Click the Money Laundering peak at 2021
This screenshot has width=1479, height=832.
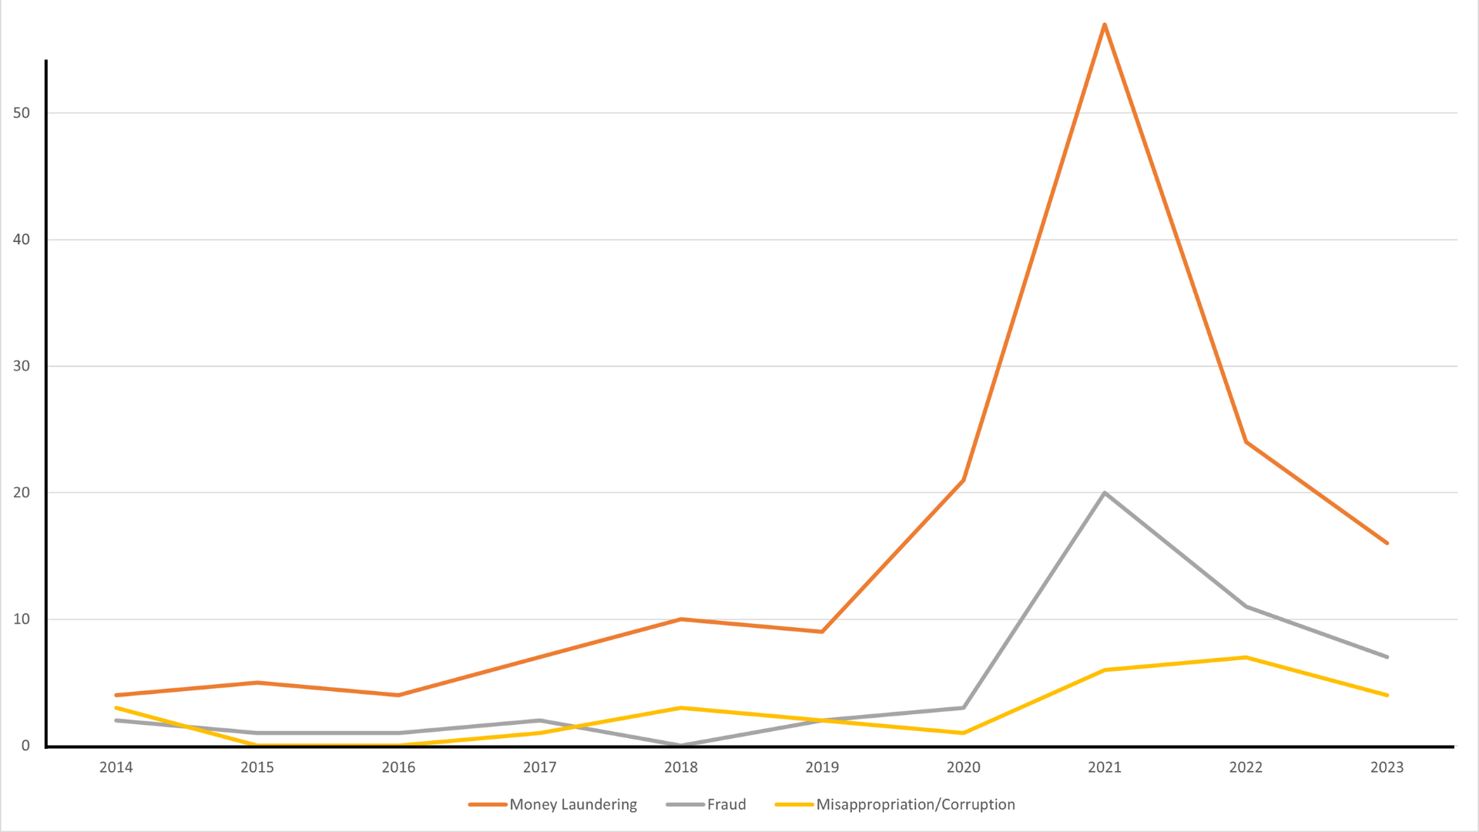(1105, 25)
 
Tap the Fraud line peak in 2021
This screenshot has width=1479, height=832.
(1105, 493)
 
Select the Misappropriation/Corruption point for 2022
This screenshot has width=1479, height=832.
(1246, 657)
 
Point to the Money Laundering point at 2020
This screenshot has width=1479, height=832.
(964, 480)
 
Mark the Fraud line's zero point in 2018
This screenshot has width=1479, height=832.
(681, 745)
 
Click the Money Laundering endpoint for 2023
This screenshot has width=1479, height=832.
(1387, 543)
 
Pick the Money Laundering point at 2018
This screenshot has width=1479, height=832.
(681, 619)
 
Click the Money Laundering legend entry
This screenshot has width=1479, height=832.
(573, 804)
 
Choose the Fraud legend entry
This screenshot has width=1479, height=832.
(726, 804)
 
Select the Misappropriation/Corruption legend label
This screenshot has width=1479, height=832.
(915, 804)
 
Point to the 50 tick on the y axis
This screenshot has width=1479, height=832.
(22, 113)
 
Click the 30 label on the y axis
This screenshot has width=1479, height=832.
(22, 366)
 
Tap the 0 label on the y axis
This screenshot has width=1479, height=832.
(25, 746)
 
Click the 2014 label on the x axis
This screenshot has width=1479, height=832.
(116, 767)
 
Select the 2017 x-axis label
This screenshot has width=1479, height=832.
(540, 767)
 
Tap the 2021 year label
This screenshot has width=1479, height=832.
(1105, 767)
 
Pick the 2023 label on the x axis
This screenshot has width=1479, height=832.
(1387, 767)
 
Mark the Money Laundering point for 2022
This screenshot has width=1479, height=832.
(1246, 442)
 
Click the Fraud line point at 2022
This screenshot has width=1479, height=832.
(1246, 606)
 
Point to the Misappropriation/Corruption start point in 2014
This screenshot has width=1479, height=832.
(116, 708)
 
